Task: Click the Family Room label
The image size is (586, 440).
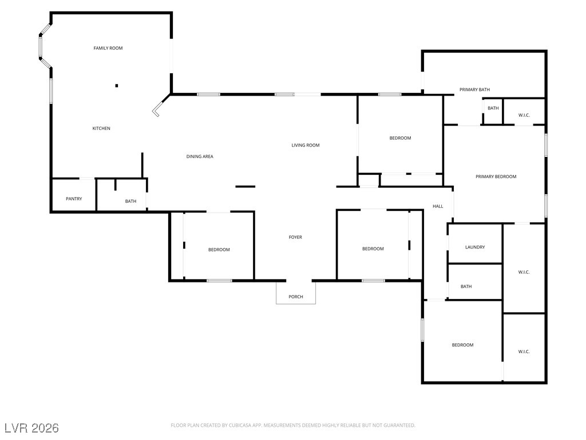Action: click(108, 48)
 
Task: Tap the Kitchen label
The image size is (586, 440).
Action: click(101, 128)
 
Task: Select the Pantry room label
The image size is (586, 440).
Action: click(74, 199)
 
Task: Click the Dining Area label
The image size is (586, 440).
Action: click(200, 156)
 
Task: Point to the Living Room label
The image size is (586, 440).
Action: click(306, 145)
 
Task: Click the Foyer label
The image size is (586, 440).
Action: click(295, 237)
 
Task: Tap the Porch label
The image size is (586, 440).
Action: click(296, 297)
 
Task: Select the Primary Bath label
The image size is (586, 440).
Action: click(474, 90)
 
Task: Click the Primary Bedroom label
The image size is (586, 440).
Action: click(496, 176)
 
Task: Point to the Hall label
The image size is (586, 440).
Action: click(438, 206)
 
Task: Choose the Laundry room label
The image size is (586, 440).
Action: click(475, 247)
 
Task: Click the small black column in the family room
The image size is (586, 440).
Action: click(117, 86)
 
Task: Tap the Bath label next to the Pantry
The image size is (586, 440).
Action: click(131, 201)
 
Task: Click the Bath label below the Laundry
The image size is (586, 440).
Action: click(466, 286)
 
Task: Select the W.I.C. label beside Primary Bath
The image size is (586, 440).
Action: click(524, 115)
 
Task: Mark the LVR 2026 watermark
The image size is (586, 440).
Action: click(31, 428)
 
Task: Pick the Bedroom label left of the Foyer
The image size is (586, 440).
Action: click(219, 250)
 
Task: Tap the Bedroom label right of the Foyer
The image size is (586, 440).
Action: click(373, 249)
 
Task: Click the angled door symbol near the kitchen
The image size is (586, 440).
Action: click(157, 109)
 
